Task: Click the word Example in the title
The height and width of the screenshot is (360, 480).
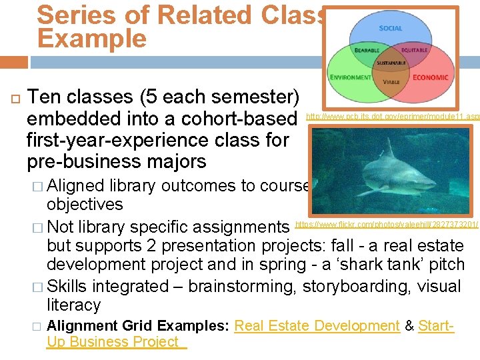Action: (x=92, y=38)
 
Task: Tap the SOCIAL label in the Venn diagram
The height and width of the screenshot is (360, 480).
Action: (x=391, y=28)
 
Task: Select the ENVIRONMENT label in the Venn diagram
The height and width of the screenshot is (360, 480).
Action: (x=351, y=77)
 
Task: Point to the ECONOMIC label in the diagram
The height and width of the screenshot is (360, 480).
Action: (x=431, y=77)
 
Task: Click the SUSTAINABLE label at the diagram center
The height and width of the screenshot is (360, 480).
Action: (x=391, y=62)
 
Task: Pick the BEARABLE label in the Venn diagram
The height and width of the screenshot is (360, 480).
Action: (x=367, y=50)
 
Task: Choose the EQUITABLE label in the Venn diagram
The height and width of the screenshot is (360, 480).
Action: (x=415, y=50)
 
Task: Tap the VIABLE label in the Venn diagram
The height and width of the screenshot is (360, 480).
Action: (x=391, y=81)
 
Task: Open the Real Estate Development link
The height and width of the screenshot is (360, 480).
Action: (x=317, y=326)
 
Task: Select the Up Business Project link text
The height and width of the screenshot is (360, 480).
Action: (x=113, y=342)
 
